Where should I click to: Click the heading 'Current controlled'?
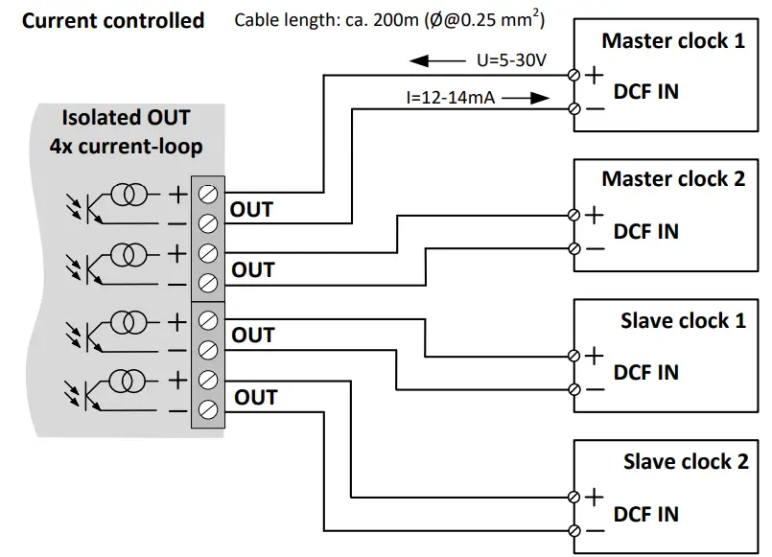(x=113, y=20)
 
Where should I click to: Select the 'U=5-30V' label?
(x=511, y=60)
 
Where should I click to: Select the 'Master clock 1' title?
(x=672, y=41)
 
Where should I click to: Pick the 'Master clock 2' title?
(x=672, y=179)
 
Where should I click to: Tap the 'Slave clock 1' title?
(x=682, y=320)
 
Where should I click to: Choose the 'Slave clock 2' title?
(x=685, y=461)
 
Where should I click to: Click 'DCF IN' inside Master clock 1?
(x=645, y=91)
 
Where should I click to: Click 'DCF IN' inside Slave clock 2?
(x=645, y=515)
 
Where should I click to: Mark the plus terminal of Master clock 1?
(x=574, y=74)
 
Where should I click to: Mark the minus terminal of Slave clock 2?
(x=573, y=530)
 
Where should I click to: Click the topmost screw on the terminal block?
(x=207, y=193)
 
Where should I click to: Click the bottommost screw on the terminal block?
(x=207, y=411)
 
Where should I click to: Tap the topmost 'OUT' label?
(x=251, y=209)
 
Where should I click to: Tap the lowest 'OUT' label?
(x=255, y=397)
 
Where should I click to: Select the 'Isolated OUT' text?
(x=126, y=119)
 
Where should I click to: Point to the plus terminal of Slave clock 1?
(x=573, y=356)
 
